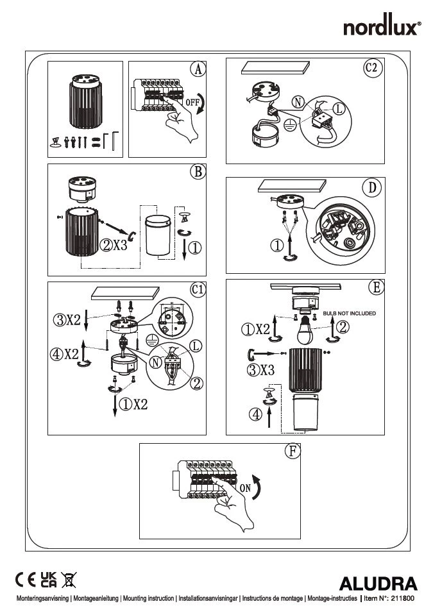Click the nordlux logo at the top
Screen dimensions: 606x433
click(382, 28)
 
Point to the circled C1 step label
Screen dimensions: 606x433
click(198, 290)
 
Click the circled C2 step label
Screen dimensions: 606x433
click(373, 69)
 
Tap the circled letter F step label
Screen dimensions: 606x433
click(292, 450)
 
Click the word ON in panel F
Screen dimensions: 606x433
click(246, 488)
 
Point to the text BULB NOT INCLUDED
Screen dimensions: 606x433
click(350, 313)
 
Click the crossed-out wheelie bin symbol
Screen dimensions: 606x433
click(69, 581)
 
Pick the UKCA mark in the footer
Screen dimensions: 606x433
click(48, 580)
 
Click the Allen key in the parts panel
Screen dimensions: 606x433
click(114, 140)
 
